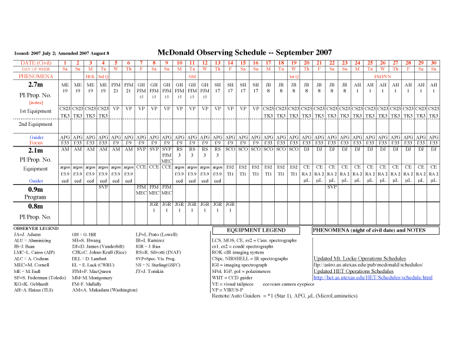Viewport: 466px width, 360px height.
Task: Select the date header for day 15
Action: (230, 62)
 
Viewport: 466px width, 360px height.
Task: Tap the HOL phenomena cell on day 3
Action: (91, 76)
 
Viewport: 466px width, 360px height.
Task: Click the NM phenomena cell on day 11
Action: (192, 76)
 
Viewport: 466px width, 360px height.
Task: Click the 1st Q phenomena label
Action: (294, 76)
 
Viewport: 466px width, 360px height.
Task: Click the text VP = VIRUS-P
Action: (232, 289)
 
